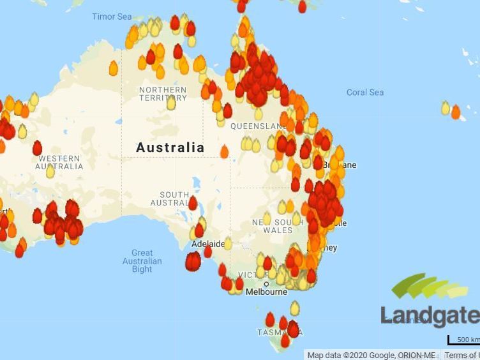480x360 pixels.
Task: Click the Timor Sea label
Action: (112, 17)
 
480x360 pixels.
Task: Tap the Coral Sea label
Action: (365, 93)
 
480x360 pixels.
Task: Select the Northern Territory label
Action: (163, 94)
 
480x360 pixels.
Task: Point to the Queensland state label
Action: (252, 126)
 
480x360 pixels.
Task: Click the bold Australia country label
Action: (170, 147)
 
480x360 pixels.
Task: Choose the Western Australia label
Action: (59, 162)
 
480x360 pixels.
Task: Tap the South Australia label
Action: (170, 199)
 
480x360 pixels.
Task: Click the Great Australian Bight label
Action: (142, 261)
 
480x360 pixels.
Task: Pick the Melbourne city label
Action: (267, 292)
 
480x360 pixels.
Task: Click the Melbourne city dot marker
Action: (266, 284)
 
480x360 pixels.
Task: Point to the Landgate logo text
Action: (430, 316)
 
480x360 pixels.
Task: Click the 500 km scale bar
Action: (463, 340)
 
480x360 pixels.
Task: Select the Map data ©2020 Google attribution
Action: (371, 355)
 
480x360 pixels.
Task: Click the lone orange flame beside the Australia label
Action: (224, 151)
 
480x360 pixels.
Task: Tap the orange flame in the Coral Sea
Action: (456, 112)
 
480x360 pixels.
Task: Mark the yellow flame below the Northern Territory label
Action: (171, 103)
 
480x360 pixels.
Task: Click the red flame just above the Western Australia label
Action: (37, 148)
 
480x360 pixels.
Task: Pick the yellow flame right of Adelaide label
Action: (228, 243)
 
